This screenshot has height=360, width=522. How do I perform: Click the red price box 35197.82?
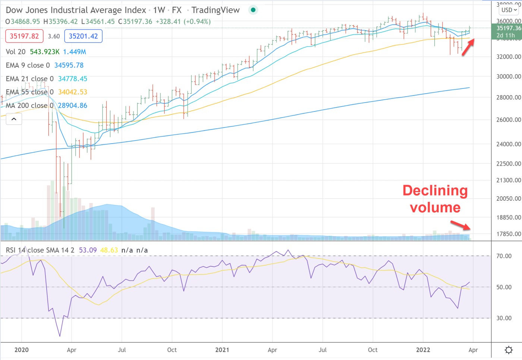pyautogui.click(x=24, y=36)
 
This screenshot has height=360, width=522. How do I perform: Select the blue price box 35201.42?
pyautogui.click(x=83, y=36)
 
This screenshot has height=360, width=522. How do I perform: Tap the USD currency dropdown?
pyautogui.click(x=509, y=10)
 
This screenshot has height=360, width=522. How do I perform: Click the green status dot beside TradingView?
pyautogui.click(x=253, y=10)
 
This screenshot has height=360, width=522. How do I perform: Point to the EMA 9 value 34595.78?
pyautogui.click(x=69, y=65)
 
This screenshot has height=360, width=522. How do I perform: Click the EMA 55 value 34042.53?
pyautogui.click(x=72, y=92)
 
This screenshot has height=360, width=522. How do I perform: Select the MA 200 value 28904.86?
pyautogui.click(x=72, y=106)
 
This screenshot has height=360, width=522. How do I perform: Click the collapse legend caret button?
pyautogui.click(x=14, y=119)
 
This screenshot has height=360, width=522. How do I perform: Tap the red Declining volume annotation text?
pyautogui.click(x=435, y=199)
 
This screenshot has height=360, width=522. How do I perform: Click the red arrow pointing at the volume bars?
pyautogui.click(x=460, y=225)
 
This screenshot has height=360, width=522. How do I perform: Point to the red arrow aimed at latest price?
pyautogui.click(x=468, y=47)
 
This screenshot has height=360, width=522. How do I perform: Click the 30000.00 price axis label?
pyautogui.click(x=508, y=76)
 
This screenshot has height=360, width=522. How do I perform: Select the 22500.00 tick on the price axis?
pyautogui.click(x=508, y=164)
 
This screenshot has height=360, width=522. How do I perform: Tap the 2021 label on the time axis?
pyautogui.click(x=222, y=350)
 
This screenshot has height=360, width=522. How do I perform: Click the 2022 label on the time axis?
pyautogui.click(x=423, y=350)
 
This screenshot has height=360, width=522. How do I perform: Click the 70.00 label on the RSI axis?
pyautogui.click(x=504, y=256)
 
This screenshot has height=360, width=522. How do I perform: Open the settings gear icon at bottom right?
pyautogui.click(x=509, y=350)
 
